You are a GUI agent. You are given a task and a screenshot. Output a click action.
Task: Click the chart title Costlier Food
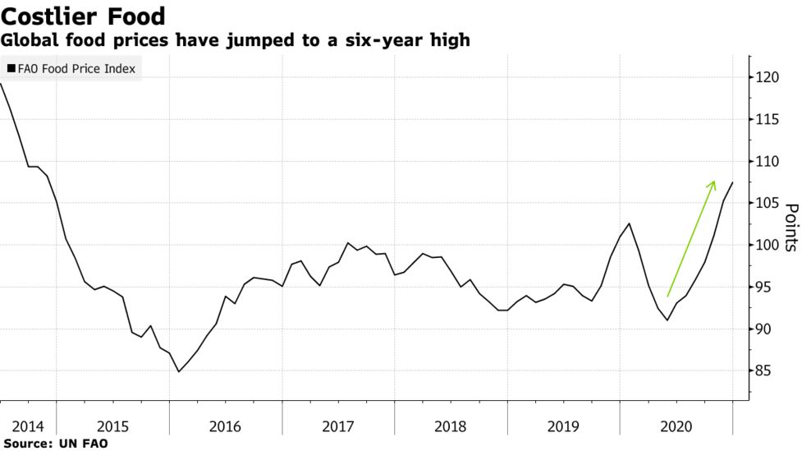(x=83, y=16)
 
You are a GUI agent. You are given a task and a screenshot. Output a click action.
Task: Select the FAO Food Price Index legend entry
(x=76, y=69)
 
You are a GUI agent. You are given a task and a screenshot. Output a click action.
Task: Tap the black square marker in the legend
(x=11, y=69)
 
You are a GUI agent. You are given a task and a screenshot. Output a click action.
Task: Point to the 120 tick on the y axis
(x=767, y=77)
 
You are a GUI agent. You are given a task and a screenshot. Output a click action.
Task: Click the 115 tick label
(x=767, y=119)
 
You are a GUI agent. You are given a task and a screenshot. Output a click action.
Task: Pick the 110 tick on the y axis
(x=767, y=161)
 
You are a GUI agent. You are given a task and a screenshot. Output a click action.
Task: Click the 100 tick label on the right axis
(x=767, y=245)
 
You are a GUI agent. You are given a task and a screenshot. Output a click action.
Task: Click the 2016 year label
(x=225, y=426)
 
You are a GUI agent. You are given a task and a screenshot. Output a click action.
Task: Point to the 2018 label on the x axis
(x=450, y=426)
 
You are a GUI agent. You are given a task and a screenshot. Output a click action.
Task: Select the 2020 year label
(x=675, y=426)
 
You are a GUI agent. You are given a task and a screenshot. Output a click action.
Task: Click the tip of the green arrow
(x=714, y=181)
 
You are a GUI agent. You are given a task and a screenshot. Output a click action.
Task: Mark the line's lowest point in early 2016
(x=178, y=371)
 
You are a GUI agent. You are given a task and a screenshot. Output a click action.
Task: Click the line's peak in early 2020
(x=629, y=223)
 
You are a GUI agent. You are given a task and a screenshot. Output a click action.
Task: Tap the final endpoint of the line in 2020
(x=733, y=182)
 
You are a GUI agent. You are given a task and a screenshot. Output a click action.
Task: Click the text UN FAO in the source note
(x=84, y=444)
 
